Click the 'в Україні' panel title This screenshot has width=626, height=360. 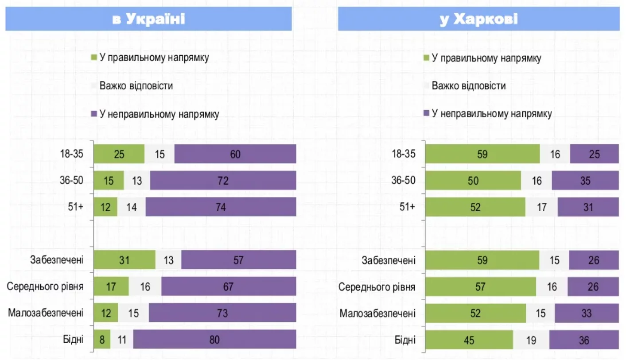[148, 19]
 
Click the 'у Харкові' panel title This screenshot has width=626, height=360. [478, 19]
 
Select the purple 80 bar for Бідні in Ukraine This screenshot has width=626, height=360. [214, 340]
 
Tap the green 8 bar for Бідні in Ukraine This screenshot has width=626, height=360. [102, 340]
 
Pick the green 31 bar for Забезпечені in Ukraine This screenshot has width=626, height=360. [124, 260]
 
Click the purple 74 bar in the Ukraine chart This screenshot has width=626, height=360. [221, 207]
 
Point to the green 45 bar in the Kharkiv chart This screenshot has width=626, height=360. [469, 340]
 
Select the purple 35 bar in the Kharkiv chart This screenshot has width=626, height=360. [585, 181]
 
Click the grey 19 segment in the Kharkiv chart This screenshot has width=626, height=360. [531, 340]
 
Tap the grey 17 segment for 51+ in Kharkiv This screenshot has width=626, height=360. [541, 207]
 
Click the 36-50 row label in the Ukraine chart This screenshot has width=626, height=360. [72, 181]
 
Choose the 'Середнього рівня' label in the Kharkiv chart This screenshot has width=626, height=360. [377, 287]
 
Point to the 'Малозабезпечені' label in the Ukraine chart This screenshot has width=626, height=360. [46, 314]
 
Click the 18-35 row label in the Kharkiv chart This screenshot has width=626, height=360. [404, 154]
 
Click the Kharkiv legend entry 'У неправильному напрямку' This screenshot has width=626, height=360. [491, 114]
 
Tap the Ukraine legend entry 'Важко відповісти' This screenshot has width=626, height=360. [136, 86]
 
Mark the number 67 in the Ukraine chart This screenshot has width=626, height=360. [228, 287]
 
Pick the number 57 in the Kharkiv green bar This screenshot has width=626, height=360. [480, 287]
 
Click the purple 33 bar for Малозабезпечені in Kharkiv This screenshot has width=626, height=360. [587, 314]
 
